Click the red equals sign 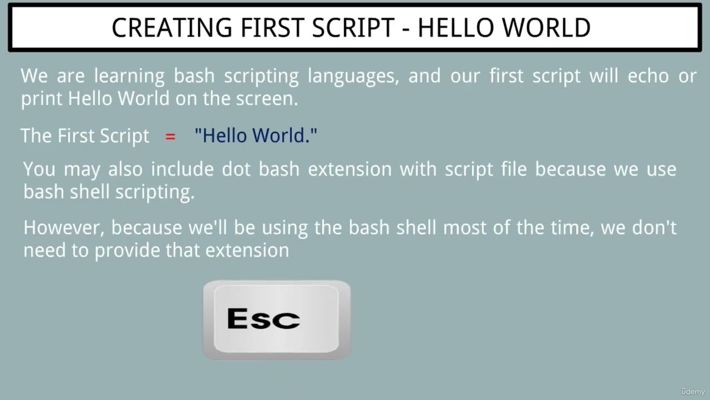[x=170, y=136]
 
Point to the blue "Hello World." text [x=256, y=136]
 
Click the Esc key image [x=276, y=320]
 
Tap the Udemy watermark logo [x=693, y=392]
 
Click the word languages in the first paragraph [x=353, y=76]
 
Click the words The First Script [x=85, y=136]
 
